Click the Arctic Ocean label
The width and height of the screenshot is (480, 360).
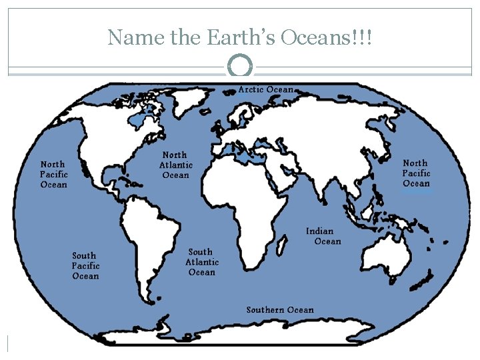[x=266, y=89]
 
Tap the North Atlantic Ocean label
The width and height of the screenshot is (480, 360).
[x=175, y=165]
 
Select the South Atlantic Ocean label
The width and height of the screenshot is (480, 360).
[x=201, y=262]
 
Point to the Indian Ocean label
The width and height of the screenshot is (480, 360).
[x=324, y=236]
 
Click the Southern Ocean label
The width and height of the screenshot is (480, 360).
[x=279, y=309]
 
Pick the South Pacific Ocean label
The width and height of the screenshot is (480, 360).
[x=85, y=265]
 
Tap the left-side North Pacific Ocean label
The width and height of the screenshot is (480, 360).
[x=53, y=174]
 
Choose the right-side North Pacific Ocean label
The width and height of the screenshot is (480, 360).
[x=416, y=173]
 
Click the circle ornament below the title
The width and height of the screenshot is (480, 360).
[x=240, y=66]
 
